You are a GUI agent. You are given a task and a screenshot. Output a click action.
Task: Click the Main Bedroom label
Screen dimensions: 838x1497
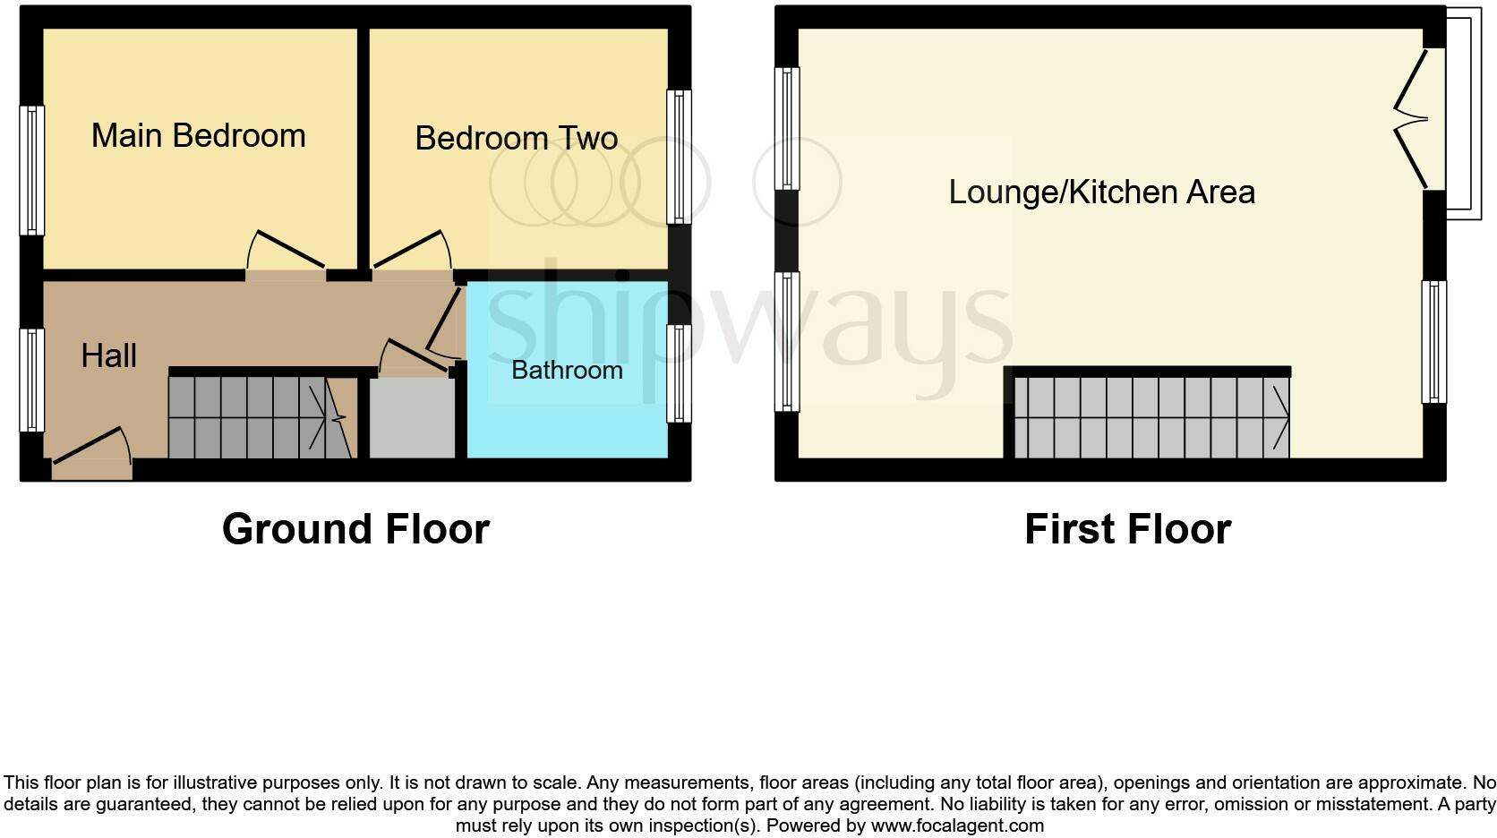click(199, 136)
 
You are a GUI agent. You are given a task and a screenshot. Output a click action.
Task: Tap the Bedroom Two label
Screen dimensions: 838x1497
click(517, 139)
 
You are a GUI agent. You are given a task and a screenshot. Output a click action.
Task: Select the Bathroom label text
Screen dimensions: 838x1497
click(567, 370)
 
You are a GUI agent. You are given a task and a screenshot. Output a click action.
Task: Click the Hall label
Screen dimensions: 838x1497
click(108, 355)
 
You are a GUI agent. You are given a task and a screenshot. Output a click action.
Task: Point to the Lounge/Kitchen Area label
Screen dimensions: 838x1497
click(1101, 192)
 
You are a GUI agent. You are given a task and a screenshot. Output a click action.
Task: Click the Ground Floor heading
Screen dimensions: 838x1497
click(355, 529)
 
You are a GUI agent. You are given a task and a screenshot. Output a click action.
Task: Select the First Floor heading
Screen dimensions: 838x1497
click(1127, 529)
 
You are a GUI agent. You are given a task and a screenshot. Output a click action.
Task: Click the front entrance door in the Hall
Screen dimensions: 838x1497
click(91, 448)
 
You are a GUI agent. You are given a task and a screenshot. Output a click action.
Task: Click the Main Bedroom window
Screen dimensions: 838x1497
click(32, 170)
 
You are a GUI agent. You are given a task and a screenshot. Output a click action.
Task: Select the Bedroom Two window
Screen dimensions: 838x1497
click(680, 157)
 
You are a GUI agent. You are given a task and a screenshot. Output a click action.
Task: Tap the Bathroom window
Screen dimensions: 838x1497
click(680, 373)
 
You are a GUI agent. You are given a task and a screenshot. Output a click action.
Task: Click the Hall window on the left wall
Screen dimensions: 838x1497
click(32, 381)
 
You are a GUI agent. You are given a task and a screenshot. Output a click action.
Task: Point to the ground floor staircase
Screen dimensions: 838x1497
click(260, 417)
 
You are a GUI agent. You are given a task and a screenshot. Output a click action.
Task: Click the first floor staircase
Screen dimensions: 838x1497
click(1151, 417)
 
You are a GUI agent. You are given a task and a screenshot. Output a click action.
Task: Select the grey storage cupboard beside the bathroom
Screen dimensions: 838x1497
click(412, 418)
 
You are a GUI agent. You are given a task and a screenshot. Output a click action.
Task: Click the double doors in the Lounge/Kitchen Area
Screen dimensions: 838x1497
click(1412, 119)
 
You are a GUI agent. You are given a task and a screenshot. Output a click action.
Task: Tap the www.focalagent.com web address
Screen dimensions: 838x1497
click(957, 825)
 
